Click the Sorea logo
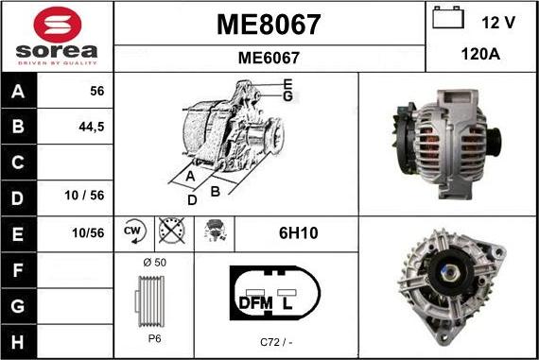click(57, 36)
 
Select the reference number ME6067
click(269, 57)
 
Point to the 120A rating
click(481, 55)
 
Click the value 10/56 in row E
click(88, 231)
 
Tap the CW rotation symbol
click(132, 231)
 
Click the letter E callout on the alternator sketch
click(287, 83)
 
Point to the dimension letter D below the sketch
click(192, 200)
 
